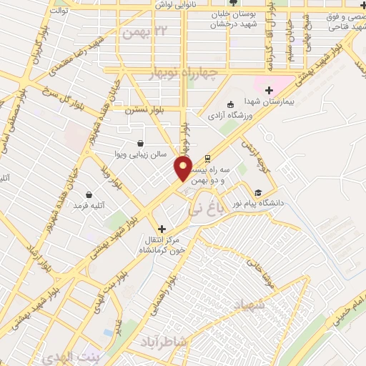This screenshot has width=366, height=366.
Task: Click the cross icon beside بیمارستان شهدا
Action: (x=269, y=90)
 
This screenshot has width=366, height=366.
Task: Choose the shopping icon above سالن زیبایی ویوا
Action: (x=140, y=142)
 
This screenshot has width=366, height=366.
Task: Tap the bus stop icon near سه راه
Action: (x=207, y=159)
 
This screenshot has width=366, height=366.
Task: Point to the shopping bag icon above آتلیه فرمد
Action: (x=89, y=194)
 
